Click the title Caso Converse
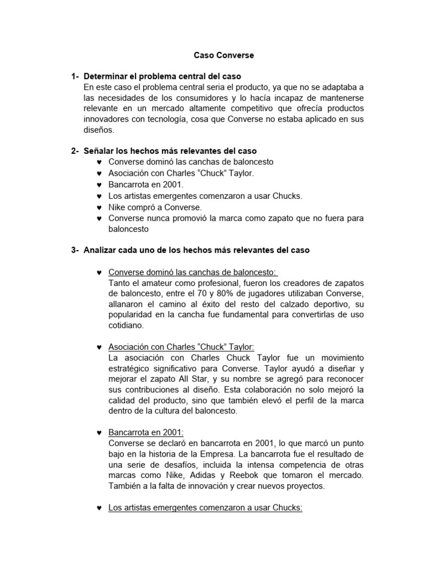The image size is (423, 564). (x=224, y=56)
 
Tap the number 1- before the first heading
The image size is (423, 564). (x=75, y=76)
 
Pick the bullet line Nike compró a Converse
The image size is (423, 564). (x=155, y=207)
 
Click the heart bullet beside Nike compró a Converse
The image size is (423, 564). (x=99, y=208)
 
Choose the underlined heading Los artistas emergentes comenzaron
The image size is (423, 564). (x=205, y=508)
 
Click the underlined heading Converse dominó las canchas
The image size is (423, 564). (x=193, y=272)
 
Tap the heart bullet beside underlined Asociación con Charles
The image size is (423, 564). (x=99, y=347)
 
